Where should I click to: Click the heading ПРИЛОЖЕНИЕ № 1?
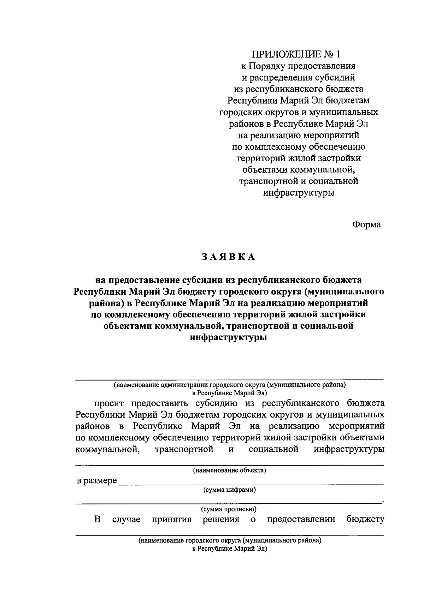coord(297,54)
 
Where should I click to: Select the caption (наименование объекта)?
coord(229,470)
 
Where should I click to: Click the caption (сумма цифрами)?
coord(229,490)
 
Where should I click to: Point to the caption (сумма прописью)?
coord(229,509)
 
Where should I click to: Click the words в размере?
coord(97,481)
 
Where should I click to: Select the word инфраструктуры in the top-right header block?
coord(299,193)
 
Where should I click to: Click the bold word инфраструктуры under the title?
coord(228,337)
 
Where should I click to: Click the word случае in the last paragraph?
coord(126,520)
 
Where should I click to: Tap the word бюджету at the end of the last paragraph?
coord(365,520)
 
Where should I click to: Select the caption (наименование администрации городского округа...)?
coord(229,385)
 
